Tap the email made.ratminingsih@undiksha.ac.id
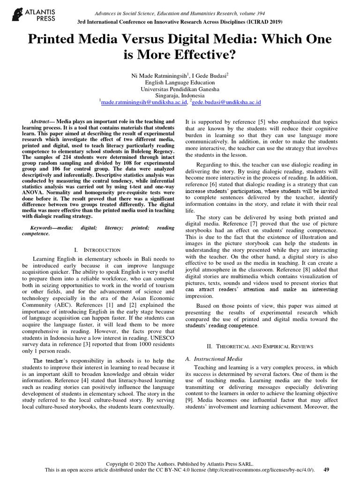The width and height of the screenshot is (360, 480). point(144,101)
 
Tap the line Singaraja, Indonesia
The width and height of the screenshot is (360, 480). point(180,95)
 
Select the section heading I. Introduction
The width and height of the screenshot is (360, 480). point(98,250)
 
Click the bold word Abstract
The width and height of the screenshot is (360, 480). point(39,121)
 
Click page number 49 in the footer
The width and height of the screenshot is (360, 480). point(327,469)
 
